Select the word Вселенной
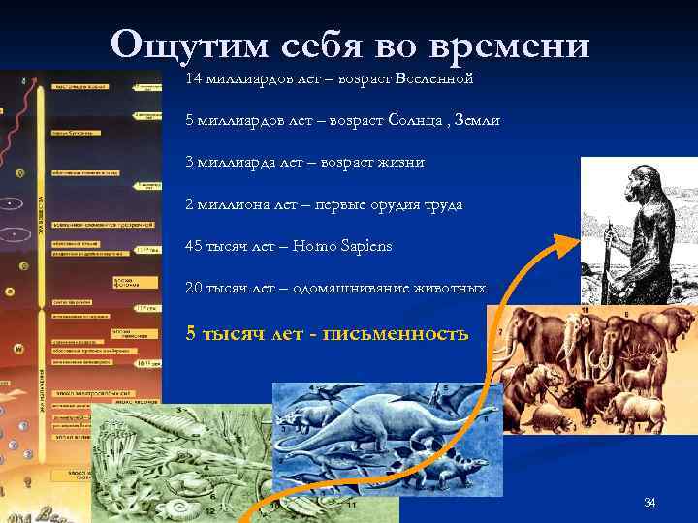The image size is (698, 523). (x=427, y=77)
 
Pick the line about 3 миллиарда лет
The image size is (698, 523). (x=304, y=162)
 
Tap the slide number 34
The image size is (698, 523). (x=650, y=502)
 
